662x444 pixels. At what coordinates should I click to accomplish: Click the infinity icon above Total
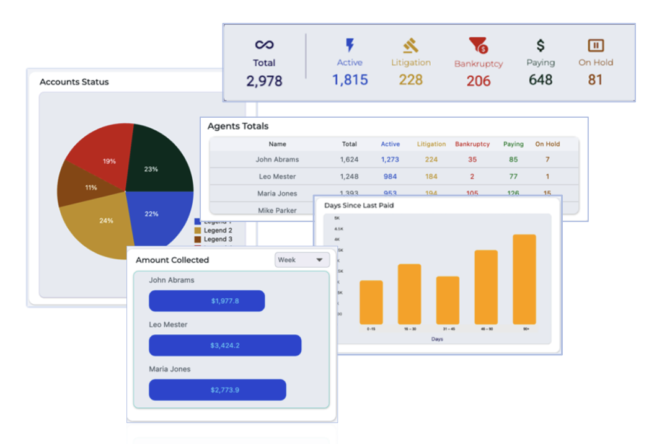pyautogui.click(x=264, y=45)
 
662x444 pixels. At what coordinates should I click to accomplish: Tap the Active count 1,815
pyautogui.click(x=350, y=80)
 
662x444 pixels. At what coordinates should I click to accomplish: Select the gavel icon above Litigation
pyautogui.click(x=410, y=46)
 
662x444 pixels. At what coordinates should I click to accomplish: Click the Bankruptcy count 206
pyautogui.click(x=479, y=81)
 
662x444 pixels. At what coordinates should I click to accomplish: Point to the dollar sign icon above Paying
pyautogui.click(x=541, y=45)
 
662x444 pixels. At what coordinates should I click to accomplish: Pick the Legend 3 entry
pyautogui.click(x=218, y=239)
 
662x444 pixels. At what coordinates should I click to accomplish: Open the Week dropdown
pyautogui.click(x=302, y=260)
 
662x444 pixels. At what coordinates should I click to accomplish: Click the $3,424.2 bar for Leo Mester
pyautogui.click(x=225, y=345)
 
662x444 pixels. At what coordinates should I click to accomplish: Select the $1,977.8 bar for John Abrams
pyautogui.click(x=206, y=301)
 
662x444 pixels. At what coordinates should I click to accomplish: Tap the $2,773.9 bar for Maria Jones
pyautogui.click(x=217, y=390)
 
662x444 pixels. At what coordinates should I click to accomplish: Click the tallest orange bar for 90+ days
pyautogui.click(x=524, y=279)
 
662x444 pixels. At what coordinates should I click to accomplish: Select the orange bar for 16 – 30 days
pyautogui.click(x=409, y=294)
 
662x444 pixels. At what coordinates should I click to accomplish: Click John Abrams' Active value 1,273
pyautogui.click(x=390, y=159)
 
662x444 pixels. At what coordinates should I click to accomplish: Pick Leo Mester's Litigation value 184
pyautogui.click(x=431, y=177)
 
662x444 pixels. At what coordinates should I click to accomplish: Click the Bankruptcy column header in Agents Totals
pyautogui.click(x=472, y=144)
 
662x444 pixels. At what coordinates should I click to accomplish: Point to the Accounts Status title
pyautogui.click(x=74, y=82)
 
